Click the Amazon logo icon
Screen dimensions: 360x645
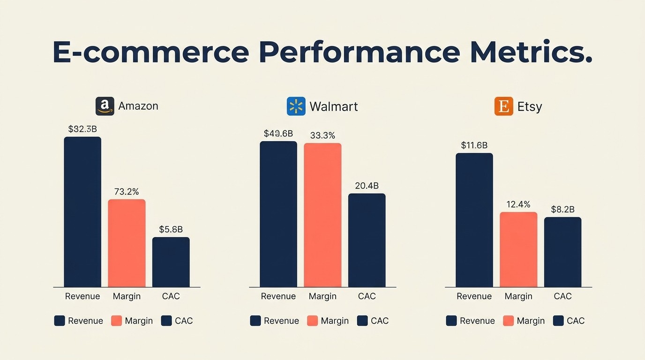coord(105,106)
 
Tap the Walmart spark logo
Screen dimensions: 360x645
coord(296,106)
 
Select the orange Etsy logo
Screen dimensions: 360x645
coord(503,106)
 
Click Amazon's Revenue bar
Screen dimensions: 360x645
coord(82,212)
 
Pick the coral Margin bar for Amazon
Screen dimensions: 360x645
coord(127,243)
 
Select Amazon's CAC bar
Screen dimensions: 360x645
coord(171,262)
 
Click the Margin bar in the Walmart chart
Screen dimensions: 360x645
coord(322,215)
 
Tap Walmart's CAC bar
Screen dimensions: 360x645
coord(367,240)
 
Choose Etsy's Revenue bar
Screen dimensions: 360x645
coord(474,220)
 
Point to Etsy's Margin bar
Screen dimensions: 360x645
coord(518,249)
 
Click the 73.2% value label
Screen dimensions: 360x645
coord(127,192)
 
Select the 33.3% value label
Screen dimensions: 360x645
coord(322,135)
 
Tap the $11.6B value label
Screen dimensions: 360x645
coord(474,145)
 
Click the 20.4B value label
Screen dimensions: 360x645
coord(367,186)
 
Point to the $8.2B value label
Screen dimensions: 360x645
coord(562,210)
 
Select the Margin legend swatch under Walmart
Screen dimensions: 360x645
coord(312,321)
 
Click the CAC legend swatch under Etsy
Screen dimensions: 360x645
coord(558,321)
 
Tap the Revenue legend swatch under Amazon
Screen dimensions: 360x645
coord(60,321)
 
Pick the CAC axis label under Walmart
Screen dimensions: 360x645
coord(367,296)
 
